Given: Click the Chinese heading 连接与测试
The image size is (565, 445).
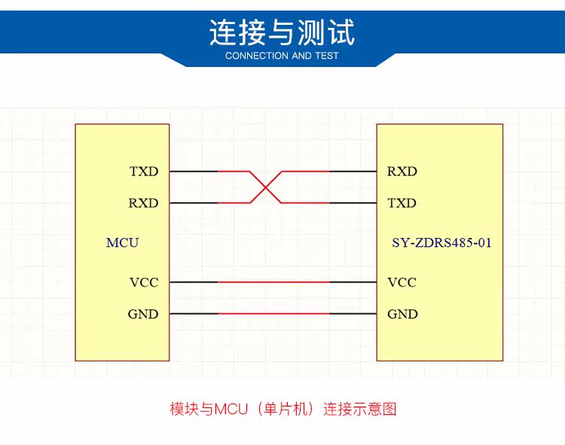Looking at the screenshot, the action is [x=282, y=32].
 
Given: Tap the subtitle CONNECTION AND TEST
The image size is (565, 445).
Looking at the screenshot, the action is [x=282, y=56].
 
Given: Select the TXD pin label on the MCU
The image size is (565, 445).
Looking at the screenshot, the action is [x=144, y=172].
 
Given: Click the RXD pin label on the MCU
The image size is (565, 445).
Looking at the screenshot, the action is [x=144, y=203].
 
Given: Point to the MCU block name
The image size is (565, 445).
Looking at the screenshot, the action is [x=122, y=242].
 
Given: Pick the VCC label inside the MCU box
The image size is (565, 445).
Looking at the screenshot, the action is [x=144, y=282].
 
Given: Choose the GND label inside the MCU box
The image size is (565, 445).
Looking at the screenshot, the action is [x=143, y=314].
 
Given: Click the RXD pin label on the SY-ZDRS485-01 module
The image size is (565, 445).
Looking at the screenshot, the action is [x=402, y=172].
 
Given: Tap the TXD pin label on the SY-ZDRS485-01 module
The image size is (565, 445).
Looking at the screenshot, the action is [x=402, y=203].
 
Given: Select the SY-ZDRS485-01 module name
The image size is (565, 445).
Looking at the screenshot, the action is [x=441, y=242].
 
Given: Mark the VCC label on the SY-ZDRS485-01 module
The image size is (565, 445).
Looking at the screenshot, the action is [x=402, y=282].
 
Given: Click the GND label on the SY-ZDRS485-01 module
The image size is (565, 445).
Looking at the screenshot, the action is [x=402, y=314].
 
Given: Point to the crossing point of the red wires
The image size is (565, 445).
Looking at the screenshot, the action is [x=266, y=187].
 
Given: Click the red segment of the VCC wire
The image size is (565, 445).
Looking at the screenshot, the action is [x=273, y=282].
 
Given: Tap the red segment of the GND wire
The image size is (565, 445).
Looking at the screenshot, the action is [x=273, y=314].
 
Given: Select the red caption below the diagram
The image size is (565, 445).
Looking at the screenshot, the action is [x=282, y=410].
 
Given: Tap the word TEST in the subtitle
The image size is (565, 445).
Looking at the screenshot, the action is [x=326, y=56].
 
